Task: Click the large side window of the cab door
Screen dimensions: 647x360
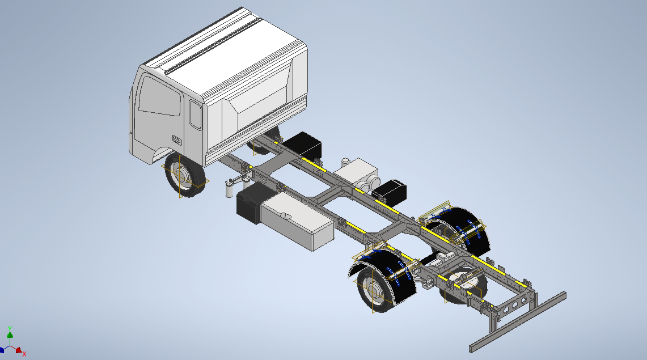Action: (160, 96)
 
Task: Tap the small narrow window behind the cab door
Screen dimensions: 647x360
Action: (196, 115)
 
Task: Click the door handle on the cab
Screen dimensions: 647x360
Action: (177, 140)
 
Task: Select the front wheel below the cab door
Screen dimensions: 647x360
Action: (184, 175)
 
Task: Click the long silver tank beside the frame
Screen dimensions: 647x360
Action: (298, 220)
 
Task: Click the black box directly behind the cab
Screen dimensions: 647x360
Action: (302, 145)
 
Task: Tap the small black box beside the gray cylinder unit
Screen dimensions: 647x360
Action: (389, 191)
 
